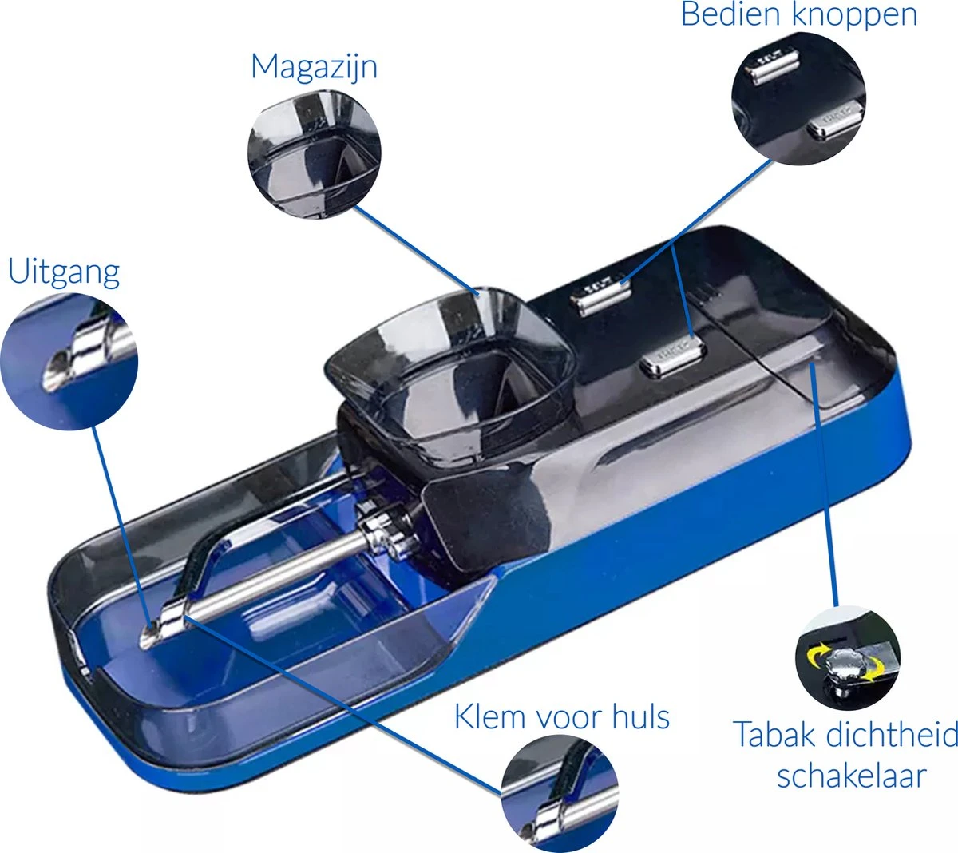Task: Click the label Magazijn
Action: (314, 67)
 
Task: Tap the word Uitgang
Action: (64, 272)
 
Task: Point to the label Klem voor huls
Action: (561, 716)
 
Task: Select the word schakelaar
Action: (851, 775)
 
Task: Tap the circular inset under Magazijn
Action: (315, 154)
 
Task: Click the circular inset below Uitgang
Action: (69, 362)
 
